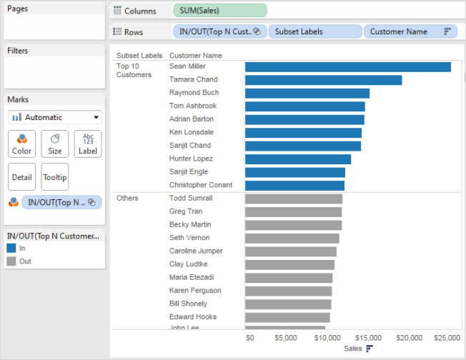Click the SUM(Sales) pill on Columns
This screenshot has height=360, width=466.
219,11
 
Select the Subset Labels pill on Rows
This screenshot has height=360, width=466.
314,31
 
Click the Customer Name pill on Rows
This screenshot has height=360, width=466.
409,31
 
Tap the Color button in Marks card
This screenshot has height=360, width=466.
21,144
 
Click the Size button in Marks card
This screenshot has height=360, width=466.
54,144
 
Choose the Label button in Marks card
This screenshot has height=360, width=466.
88,144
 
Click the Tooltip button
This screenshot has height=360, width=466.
54,176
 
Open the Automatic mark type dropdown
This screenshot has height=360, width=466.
55,117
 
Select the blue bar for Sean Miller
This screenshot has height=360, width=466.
347,66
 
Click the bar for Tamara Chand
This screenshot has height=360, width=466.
323,80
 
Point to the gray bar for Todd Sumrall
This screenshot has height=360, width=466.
293,199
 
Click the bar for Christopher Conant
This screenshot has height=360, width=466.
294,186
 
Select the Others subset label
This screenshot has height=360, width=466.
127,198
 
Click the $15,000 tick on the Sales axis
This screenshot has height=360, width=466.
368,336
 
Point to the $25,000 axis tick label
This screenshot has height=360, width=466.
447,336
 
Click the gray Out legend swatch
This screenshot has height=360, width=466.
11,261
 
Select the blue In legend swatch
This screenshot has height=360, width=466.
11,248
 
